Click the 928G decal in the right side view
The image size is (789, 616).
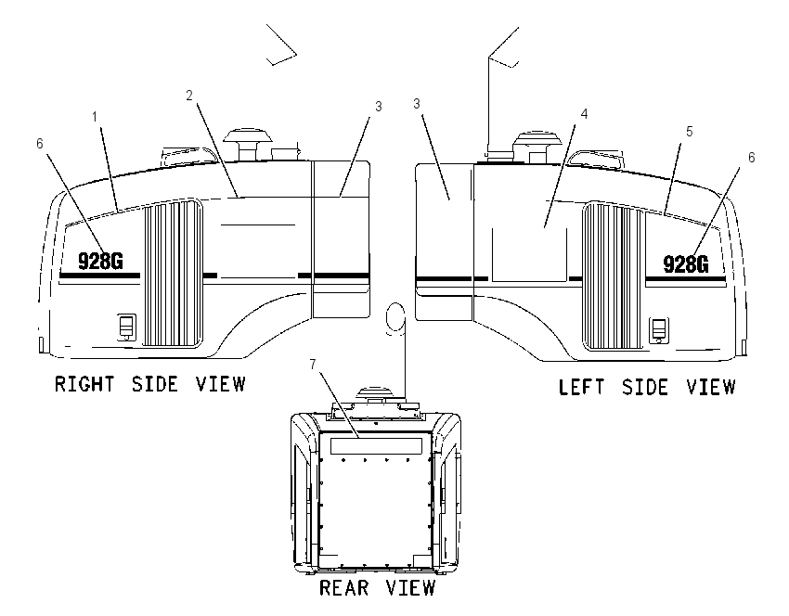coord(100,261)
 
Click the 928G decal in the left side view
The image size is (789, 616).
coord(686,264)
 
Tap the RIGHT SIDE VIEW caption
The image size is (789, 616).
coord(149,384)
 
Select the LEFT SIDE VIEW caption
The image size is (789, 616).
coord(647,387)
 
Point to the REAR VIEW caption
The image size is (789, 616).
coord(378,587)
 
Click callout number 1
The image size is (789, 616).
coord(94,117)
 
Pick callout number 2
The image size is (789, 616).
coord(189,95)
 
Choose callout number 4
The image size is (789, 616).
coord(584,114)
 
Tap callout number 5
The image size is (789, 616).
coord(690,132)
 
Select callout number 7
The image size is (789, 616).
coord(313,364)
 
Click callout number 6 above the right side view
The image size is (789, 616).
coord(40,144)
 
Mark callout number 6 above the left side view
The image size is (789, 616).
coord(751,158)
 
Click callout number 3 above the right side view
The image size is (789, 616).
coord(379,107)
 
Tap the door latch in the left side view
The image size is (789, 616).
coord(659,330)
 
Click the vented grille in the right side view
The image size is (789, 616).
coord(173,273)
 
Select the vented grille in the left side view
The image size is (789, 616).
coord(614,276)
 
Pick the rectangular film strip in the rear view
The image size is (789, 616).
coord(376,445)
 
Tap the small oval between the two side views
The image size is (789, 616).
coord(395,317)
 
